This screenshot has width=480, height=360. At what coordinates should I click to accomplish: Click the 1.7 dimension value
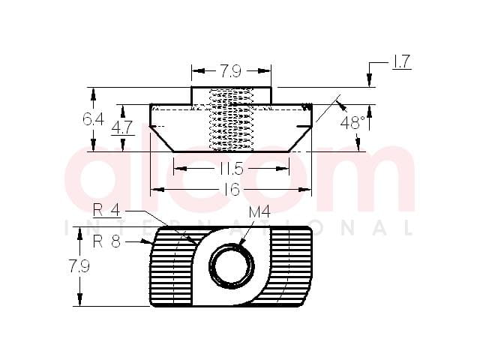tap(400, 61)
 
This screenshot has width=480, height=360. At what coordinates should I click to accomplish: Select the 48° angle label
tap(352, 123)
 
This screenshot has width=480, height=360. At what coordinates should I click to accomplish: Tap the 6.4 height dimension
tap(93, 119)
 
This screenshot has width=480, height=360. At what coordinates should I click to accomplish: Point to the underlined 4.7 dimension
tap(121, 127)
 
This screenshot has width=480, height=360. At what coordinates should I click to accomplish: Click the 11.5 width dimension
tap(232, 169)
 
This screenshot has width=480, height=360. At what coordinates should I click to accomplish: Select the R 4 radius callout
tap(106, 210)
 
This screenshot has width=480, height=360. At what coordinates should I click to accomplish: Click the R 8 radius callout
tap(106, 241)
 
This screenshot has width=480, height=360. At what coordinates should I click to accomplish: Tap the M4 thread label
tap(259, 211)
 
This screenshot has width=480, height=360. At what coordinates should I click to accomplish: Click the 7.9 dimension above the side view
tap(231, 71)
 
